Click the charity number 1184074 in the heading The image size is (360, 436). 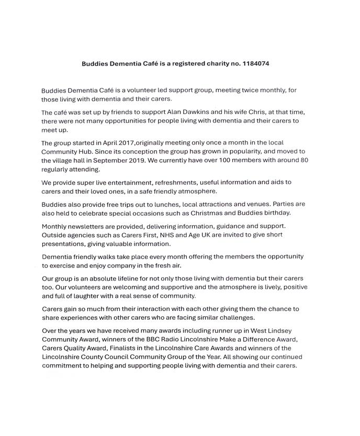click(257, 64)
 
